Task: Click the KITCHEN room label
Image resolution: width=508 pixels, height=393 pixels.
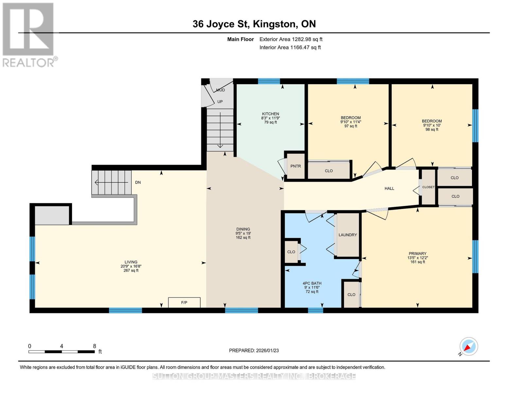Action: pyautogui.click(x=270, y=114)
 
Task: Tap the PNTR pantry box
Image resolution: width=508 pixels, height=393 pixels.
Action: pyautogui.click(x=295, y=166)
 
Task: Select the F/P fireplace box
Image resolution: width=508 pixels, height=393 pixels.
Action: pyautogui.click(x=184, y=302)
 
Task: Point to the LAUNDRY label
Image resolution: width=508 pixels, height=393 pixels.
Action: pyautogui.click(x=348, y=235)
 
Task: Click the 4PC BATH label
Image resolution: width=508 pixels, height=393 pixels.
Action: pyautogui.click(x=312, y=283)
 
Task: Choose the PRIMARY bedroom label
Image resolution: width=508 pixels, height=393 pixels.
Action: pyautogui.click(x=417, y=253)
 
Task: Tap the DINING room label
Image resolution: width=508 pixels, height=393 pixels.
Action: pyautogui.click(x=243, y=229)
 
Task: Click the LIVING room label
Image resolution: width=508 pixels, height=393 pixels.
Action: pyautogui.click(x=131, y=262)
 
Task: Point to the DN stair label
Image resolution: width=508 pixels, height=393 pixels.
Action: pyautogui.click(x=138, y=182)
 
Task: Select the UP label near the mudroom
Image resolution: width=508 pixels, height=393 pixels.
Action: pyautogui.click(x=220, y=102)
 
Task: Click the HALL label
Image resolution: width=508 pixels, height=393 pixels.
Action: pyautogui.click(x=389, y=188)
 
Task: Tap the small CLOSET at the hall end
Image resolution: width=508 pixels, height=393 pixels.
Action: pyautogui.click(x=428, y=187)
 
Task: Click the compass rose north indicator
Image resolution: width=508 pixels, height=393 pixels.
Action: pyautogui.click(x=469, y=346)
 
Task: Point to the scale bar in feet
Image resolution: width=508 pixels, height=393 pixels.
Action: pyautogui.click(x=62, y=352)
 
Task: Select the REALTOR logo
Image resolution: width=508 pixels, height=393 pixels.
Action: pyautogui.click(x=29, y=35)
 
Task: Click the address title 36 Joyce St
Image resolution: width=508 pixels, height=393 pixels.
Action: pyautogui.click(x=221, y=24)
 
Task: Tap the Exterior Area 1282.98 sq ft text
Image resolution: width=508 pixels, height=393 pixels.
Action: pyautogui.click(x=291, y=39)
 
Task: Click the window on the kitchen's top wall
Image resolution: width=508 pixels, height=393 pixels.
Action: pyautogui.click(x=269, y=81)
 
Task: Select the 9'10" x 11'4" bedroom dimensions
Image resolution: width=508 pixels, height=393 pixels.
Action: pyautogui.click(x=350, y=122)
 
